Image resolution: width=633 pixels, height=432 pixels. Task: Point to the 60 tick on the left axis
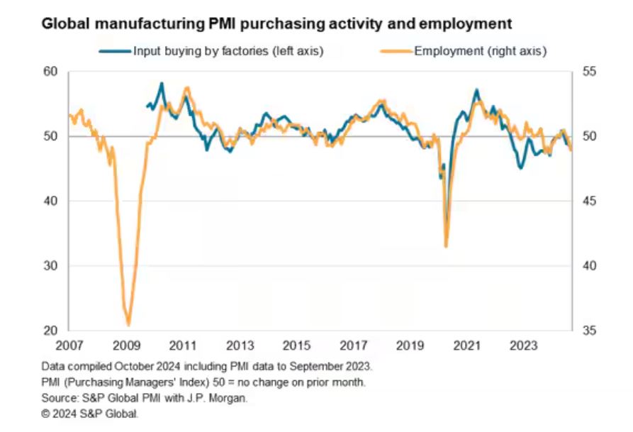[x=50, y=72]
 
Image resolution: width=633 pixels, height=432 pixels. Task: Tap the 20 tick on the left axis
[x=50, y=331]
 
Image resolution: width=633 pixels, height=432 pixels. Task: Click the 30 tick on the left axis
[x=50, y=266]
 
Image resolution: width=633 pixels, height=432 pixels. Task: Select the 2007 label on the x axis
[x=69, y=346]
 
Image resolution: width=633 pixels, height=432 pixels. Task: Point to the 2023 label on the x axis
[x=524, y=346]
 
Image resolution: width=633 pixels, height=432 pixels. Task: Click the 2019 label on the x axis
[x=410, y=346]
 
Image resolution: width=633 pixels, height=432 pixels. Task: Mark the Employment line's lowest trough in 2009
[x=128, y=324]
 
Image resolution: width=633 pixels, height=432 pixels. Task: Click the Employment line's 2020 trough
[x=446, y=246]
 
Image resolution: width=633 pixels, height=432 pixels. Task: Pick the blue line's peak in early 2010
[x=162, y=84]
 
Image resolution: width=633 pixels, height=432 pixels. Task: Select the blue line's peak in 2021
[x=476, y=90]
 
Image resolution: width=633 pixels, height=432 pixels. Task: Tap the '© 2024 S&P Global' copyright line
[x=90, y=413]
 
